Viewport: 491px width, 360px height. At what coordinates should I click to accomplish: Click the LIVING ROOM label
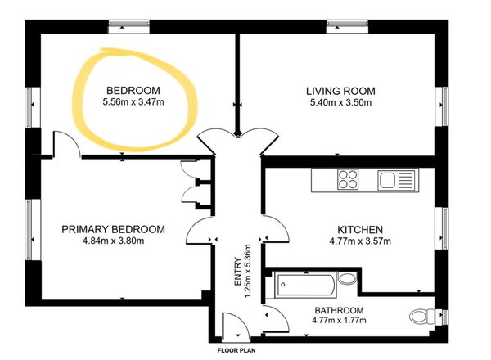(x=340, y=91)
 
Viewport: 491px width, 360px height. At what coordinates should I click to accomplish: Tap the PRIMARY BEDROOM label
(x=113, y=229)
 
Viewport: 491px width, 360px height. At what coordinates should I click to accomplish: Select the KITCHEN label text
(x=360, y=230)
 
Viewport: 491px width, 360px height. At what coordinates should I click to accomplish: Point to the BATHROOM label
(x=339, y=311)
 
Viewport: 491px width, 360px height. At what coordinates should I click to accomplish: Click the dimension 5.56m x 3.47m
(x=133, y=102)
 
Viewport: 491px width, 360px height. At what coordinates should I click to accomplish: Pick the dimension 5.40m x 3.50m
(x=340, y=102)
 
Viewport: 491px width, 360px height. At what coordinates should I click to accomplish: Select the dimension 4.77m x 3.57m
(x=360, y=241)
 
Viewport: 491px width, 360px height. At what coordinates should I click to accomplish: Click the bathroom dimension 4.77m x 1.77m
(x=339, y=320)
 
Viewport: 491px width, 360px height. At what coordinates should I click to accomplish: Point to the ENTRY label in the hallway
(x=238, y=272)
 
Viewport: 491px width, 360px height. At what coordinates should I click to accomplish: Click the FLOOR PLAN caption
(x=236, y=350)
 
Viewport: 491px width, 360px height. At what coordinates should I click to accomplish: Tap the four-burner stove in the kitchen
(x=348, y=179)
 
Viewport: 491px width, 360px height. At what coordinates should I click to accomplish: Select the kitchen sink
(x=398, y=180)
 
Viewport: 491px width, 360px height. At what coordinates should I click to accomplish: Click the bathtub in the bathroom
(x=305, y=285)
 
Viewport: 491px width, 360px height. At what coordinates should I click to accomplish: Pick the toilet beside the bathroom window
(x=421, y=316)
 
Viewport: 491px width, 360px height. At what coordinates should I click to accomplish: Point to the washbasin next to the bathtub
(x=347, y=278)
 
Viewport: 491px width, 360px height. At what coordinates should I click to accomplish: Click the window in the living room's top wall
(x=347, y=26)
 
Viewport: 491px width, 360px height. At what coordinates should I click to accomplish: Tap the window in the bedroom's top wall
(x=128, y=26)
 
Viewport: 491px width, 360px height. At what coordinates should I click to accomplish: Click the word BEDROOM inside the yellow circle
(x=133, y=91)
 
